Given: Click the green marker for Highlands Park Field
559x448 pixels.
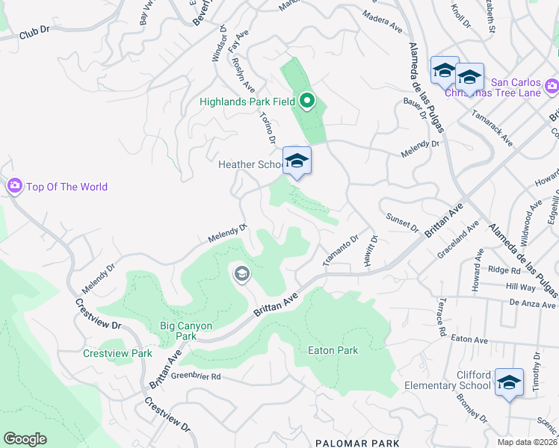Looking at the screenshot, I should pos(306,100).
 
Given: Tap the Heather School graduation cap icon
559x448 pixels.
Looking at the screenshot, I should pos(297,161).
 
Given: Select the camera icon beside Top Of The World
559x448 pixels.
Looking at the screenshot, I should pos(14,187).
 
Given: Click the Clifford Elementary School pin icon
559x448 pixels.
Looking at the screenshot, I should pos(509,383).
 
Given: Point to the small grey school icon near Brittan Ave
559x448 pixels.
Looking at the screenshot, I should pos(241,274).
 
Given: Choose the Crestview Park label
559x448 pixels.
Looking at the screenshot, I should pos(117,353).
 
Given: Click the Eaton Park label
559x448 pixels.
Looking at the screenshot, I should pos(333,350).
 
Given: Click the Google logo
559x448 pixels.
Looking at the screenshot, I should pos(25,439).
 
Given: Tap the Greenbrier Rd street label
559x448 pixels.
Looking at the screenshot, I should pos(195,377).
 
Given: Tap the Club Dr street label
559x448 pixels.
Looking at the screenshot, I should pos(34,34).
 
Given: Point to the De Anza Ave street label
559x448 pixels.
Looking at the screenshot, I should pos(533,304).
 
